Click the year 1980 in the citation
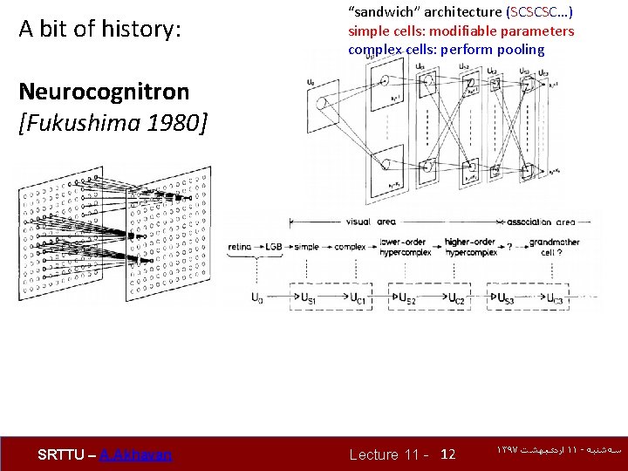click(x=174, y=123)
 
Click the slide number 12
click(x=448, y=454)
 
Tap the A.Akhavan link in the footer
click(x=136, y=454)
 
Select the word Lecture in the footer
click(x=374, y=454)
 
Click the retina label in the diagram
click(x=239, y=247)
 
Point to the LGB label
click(x=273, y=247)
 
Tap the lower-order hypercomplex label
click(x=405, y=247)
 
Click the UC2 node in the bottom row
click(x=455, y=298)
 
